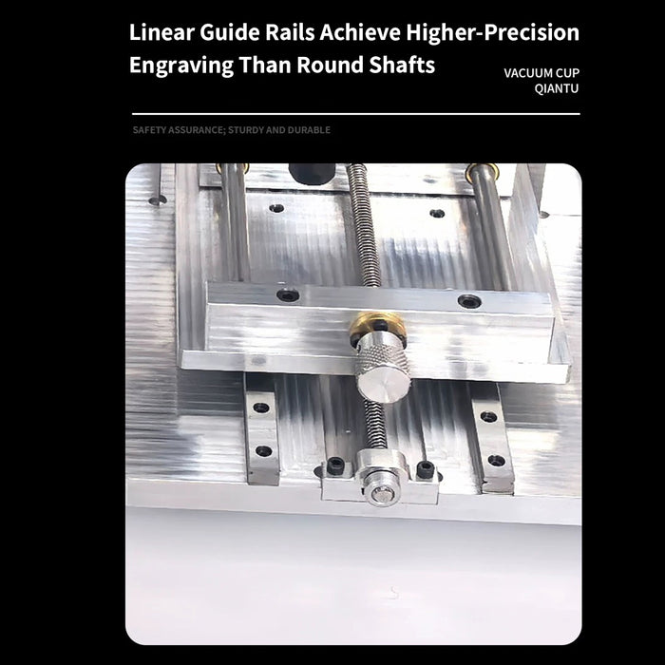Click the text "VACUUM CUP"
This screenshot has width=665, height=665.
point(541,72)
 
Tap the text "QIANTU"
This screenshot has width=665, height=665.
point(556,88)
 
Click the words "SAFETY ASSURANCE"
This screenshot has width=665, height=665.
point(178,129)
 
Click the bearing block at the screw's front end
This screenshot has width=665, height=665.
point(379,481)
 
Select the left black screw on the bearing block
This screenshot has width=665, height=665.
point(335,465)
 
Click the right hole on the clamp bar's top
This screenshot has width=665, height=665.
point(468,301)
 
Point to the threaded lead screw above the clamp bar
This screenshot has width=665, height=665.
point(367,228)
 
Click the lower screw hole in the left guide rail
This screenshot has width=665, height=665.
point(263,450)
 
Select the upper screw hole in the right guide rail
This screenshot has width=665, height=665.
point(488,416)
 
